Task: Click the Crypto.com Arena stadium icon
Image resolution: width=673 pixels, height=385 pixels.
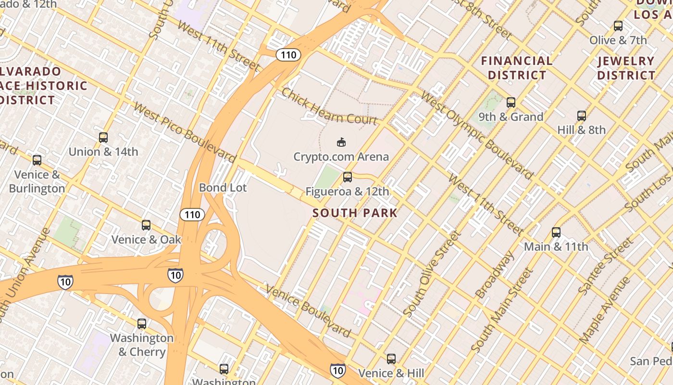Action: tap(341, 142)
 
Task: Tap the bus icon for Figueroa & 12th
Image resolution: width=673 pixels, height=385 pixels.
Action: tap(348, 177)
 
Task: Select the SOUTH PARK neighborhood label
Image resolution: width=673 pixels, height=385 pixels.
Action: tap(355, 213)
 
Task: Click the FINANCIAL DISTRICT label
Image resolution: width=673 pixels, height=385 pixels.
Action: tap(517, 68)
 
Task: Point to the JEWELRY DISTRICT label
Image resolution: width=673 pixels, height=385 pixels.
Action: tap(626, 68)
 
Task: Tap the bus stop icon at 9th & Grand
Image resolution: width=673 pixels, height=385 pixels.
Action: tap(511, 102)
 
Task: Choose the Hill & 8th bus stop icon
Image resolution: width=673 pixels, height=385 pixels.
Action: tap(582, 115)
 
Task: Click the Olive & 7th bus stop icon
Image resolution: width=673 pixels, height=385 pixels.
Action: tap(618, 26)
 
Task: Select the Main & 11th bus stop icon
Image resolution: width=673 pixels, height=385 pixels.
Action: tap(556, 232)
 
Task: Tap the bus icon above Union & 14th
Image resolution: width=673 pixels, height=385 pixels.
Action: tap(103, 138)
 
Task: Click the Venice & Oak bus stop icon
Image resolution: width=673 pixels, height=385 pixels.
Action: tap(146, 225)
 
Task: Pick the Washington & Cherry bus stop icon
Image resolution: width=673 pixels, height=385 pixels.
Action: tap(142, 323)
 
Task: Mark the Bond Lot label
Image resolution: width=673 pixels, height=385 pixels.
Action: tap(223, 188)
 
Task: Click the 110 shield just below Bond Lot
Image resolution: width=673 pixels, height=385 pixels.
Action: tap(192, 214)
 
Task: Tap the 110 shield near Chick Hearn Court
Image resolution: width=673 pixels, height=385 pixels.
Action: tap(288, 55)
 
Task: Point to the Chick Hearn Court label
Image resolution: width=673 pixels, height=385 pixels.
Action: tap(329, 106)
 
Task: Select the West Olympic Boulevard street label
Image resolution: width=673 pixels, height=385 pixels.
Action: tap(476, 136)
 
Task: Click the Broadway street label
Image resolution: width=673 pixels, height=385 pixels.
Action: tap(494, 274)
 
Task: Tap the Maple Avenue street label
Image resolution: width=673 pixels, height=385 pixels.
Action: tap(604, 309)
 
